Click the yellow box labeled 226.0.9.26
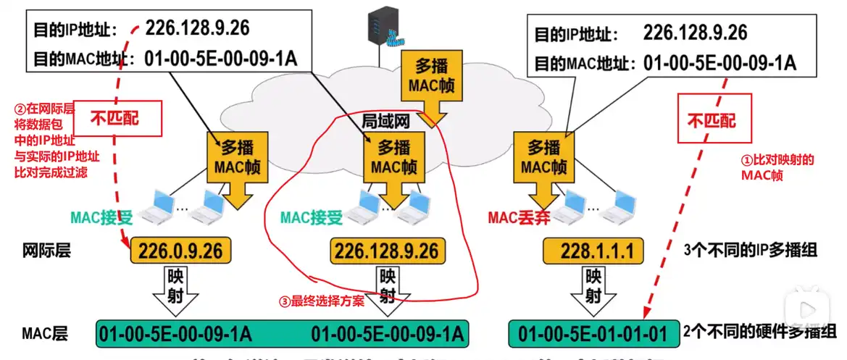(x=182, y=251)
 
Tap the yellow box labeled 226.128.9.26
(x=385, y=251)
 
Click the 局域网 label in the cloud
(x=385, y=120)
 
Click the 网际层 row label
(x=46, y=251)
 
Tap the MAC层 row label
(x=45, y=334)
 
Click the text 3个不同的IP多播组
(x=751, y=251)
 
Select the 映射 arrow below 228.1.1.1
(x=593, y=288)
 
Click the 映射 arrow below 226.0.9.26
(x=181, y=288)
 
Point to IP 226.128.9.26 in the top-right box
(x=695, y=33)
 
